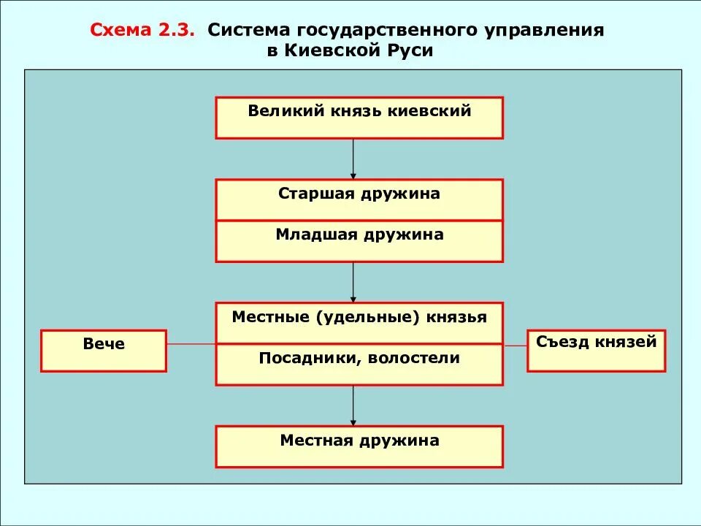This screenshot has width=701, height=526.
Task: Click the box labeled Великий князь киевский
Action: (359, 117)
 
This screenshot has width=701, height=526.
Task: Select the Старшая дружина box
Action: (359, 199)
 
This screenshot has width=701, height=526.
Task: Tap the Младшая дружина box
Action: (359, 241)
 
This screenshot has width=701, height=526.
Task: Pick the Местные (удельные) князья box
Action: (359, 322)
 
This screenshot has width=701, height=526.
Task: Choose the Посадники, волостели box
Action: (359, 364)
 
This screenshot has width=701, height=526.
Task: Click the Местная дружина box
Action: (359, 446)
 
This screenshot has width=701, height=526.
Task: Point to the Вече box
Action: (104, 351)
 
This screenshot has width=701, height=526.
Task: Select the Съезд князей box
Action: (596, 351)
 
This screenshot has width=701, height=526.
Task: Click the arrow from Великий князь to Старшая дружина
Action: (353, 159)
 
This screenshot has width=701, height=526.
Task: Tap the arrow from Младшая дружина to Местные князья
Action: (353, 282)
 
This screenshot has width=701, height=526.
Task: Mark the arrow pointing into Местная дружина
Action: (353, 405)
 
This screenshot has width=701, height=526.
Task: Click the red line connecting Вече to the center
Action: (191, 344)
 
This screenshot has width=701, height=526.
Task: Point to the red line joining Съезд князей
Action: (515, 344)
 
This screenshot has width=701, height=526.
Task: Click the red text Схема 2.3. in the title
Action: (142, 31)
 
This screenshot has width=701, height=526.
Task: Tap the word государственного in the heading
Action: (394, 31)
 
